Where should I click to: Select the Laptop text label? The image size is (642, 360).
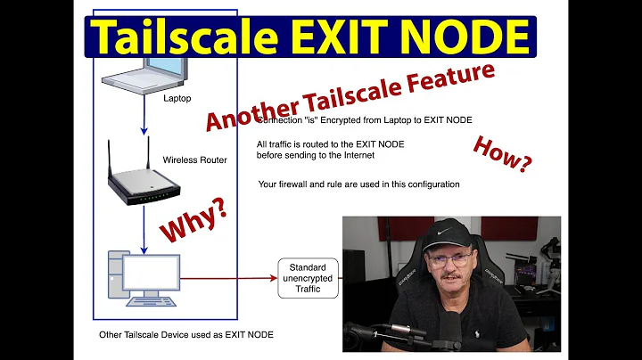pos(177,99)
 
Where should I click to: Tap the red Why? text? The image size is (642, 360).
pos(193,218)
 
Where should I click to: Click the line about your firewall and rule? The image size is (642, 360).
pos(358,184)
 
